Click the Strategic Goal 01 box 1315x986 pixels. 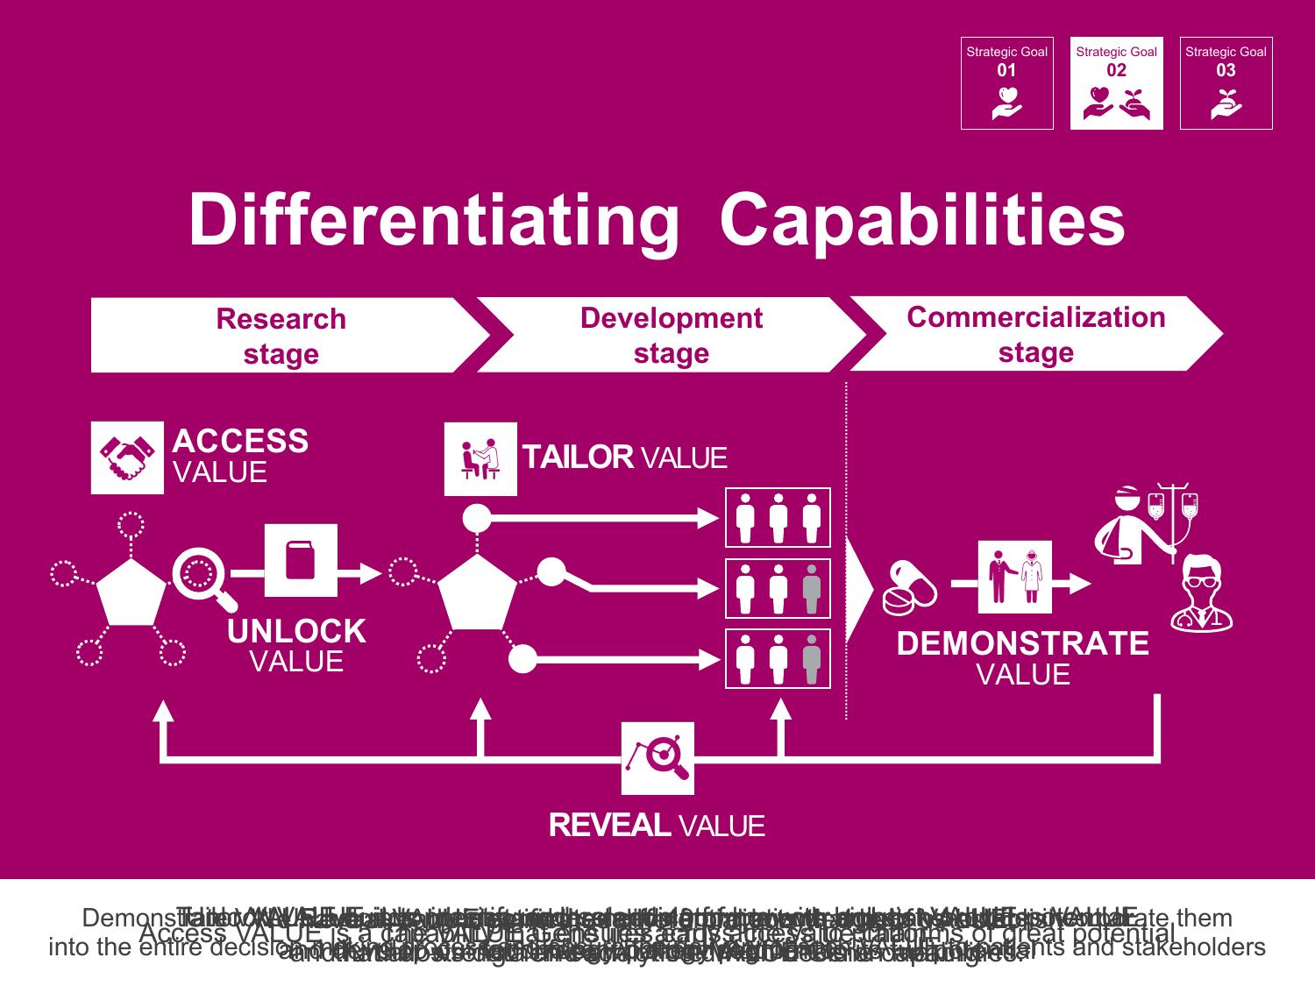[x=1006, y=83]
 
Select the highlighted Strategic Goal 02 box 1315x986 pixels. [x=1116, y=83]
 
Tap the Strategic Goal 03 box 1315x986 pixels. [x=1226, y=83]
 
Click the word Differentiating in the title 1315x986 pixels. [x=434, y=219]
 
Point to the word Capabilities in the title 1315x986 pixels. [x=922, y=219]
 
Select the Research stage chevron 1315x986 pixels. [x=281, y=336]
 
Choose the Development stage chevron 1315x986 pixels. [x=672, y=335]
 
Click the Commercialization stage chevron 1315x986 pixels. [x=1035, y=334]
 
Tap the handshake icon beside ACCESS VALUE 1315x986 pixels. [x=127, y=458]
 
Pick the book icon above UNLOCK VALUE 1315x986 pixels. [x=301, y=560]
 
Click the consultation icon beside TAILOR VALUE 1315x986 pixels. [x=480, y=458]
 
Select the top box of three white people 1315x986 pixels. [x=778, y=517]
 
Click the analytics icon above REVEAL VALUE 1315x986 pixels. [x=657, y=758]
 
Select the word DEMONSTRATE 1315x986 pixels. [x=1022, y=644]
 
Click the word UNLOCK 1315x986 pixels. [x=296, y=632]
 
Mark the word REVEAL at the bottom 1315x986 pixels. [x=609, y=826]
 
